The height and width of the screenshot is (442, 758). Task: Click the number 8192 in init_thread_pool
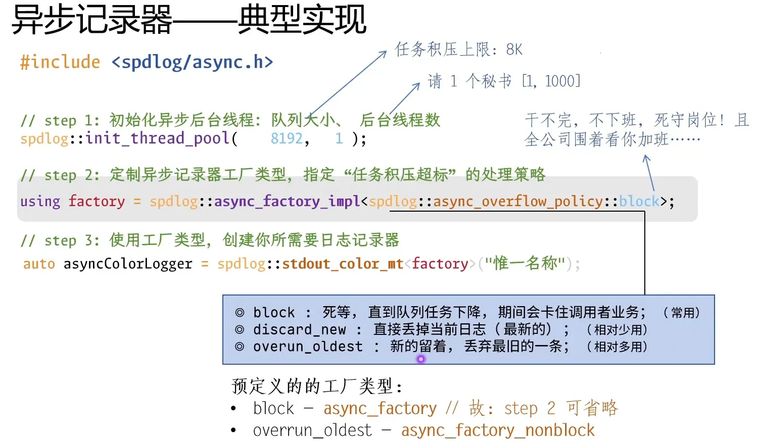click(287, 138)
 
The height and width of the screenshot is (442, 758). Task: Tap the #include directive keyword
click(60, 62)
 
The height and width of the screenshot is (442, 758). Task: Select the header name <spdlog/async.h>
click(192, 62)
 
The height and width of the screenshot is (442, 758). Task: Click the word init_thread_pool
click(158, 138)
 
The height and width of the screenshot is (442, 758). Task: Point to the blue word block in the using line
click(639, 202)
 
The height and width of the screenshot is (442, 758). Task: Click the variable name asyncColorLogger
click(128, 264)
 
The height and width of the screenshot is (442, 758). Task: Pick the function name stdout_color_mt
click(343, 264)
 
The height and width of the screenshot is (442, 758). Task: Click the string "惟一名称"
click(525, 263)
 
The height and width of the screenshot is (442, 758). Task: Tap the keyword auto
click(39, 264)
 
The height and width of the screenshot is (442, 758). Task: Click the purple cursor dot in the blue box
click(421, 359)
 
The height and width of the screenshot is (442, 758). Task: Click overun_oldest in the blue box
click(308, 347)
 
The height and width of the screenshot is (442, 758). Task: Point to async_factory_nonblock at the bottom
click(498, 430)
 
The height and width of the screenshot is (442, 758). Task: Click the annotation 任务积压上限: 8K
click(458, 50)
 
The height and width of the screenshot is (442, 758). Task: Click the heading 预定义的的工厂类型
click(316, 386)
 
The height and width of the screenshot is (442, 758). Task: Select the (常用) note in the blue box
click(682, 313)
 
